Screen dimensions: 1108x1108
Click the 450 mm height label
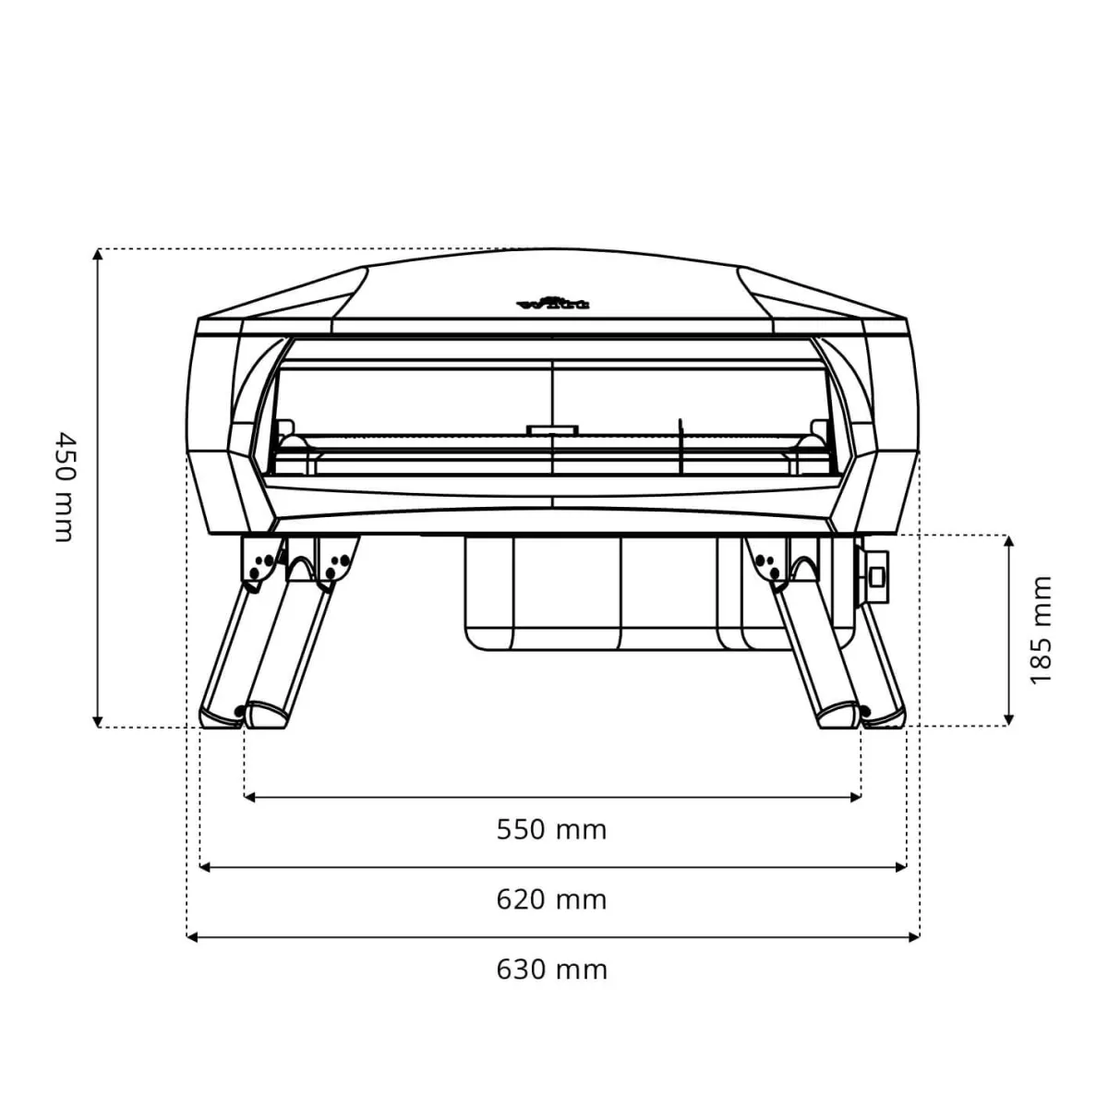point(62,486)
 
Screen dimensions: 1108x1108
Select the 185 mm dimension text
point(1041,631)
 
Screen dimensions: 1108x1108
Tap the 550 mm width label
point(551,829)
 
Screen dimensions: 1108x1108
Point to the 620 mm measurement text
point(551,898)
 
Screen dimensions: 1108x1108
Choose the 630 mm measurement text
point(551,969)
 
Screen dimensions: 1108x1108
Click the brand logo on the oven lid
point(552,302)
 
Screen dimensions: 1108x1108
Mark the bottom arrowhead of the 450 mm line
point(97,721)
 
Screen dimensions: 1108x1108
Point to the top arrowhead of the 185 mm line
point(1010,541)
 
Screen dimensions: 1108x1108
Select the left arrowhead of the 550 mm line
point(250,796)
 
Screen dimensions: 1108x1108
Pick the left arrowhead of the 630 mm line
point(193,937)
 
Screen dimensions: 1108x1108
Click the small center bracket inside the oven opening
point(551,429)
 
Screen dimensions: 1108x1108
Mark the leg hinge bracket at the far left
point(259,560)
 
